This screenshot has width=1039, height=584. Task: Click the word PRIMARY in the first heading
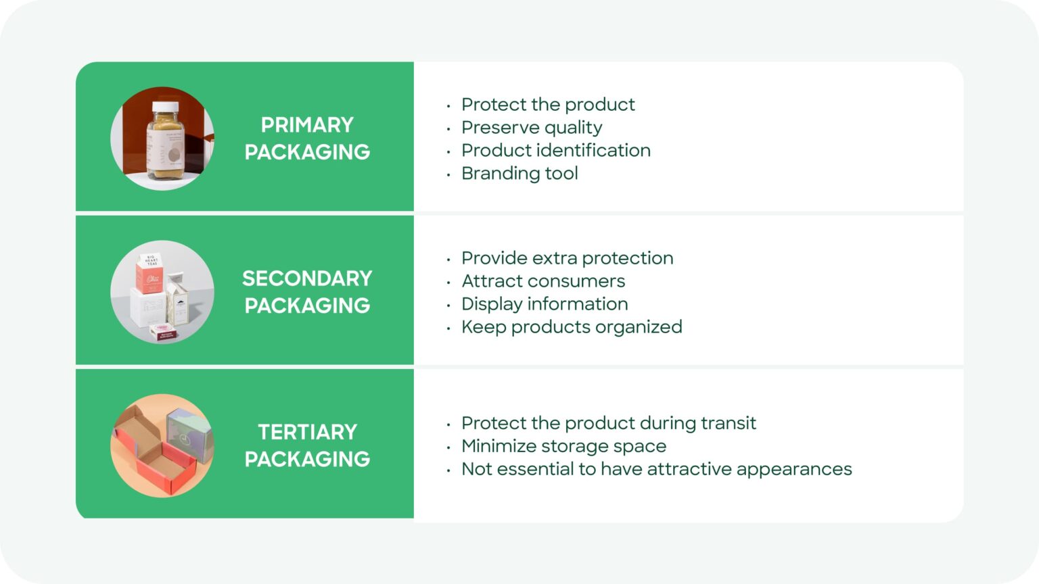pyautogui.click(x=307, y=125)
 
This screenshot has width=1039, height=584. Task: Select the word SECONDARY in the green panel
pyautogui.click(x=307, y=278)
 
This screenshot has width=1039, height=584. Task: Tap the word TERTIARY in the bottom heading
pyautogui.click(x=307, y=432)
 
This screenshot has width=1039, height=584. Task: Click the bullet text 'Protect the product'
pyautogui.click(x=548, y=105)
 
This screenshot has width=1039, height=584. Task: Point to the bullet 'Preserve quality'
pyautogui.click(x=532, y=128)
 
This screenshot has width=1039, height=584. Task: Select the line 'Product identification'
pyautogui.click(x=556, y=151)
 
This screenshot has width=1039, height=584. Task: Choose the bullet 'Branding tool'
pyautogui.click(x=519, y=174)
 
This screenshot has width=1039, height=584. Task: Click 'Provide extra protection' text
pyautogui.click(x=567, y=258)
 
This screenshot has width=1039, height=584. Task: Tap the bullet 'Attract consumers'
pyautogui.click(x=543, y=281)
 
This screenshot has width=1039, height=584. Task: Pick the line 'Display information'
pyautogui.click(x=545, y=304)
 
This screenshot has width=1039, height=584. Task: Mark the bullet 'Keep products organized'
pyautogui.click(x=572, y=327)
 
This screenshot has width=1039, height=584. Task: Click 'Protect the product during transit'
pyautogui.click(x=609, y=423)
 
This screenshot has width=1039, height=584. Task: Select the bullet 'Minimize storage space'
pyautogui.click(x=563, y=446)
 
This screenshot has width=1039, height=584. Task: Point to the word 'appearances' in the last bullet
pyautogui.click(x=793, y=470)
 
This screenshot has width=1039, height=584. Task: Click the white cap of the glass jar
pyautogui.click(x=165, y=107)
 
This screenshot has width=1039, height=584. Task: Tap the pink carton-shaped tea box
pyautogui.click(x=149, y=274)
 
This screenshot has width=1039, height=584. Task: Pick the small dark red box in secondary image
pyautogui.click(x=164, y=332)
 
